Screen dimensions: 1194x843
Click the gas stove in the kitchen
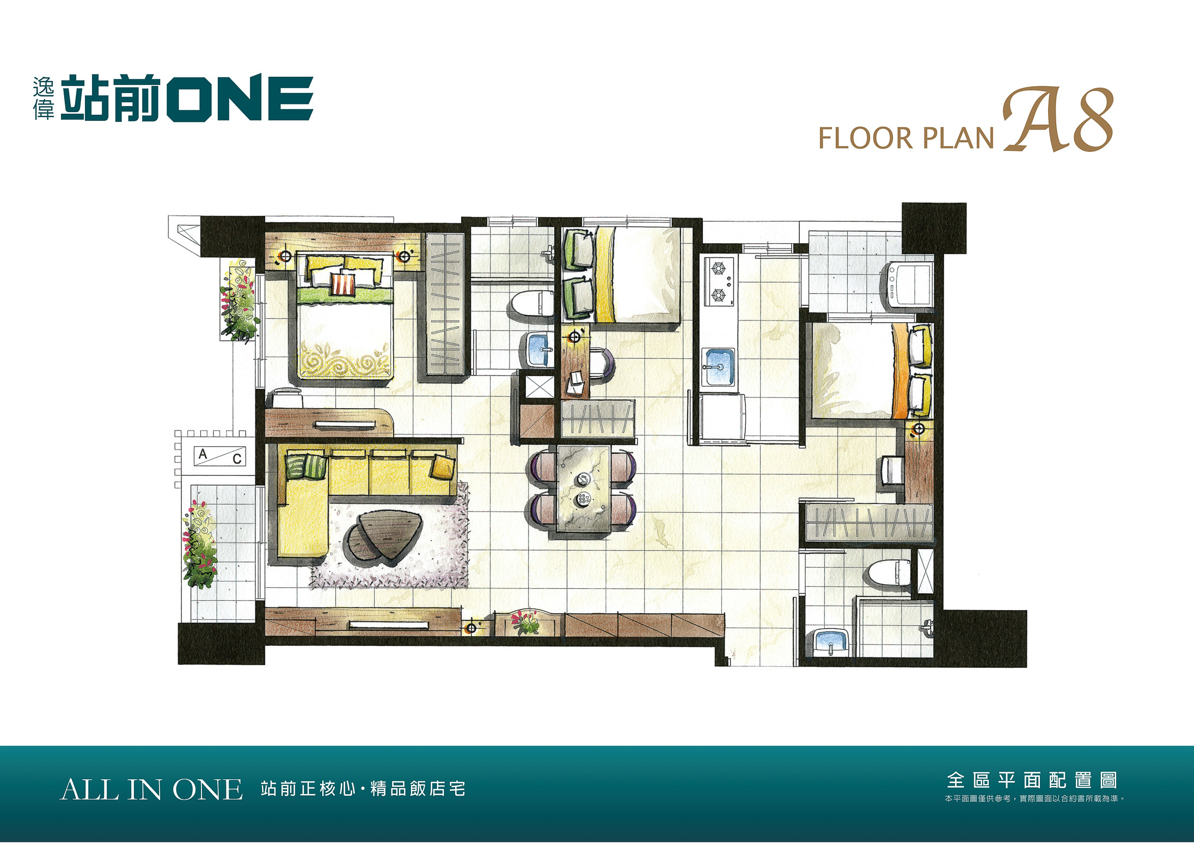[x=719, y=281]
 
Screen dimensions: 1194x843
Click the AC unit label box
[x=221, y=456]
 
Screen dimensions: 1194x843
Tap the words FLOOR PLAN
[x=907, y=138]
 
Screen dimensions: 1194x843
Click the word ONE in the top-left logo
[x=240, y=98]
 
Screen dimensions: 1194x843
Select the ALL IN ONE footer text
[x=151, y=790]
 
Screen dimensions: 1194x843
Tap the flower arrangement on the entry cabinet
[x=526, y=623]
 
